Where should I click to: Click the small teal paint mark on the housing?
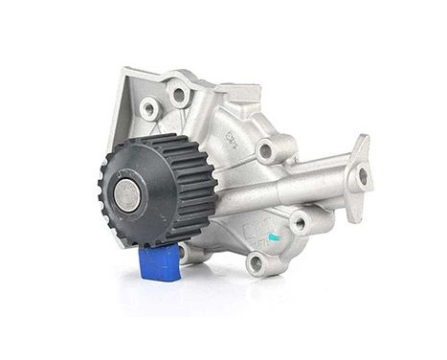coord(274,236)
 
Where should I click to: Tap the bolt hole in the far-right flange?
coord(362,176)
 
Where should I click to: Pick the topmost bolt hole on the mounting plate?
coord(179,95)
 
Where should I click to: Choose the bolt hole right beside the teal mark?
coord(299,223)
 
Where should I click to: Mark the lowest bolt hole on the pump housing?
coord(255,261)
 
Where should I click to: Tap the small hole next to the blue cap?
coord(189,253)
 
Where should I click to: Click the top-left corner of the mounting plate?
coord(122,72)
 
